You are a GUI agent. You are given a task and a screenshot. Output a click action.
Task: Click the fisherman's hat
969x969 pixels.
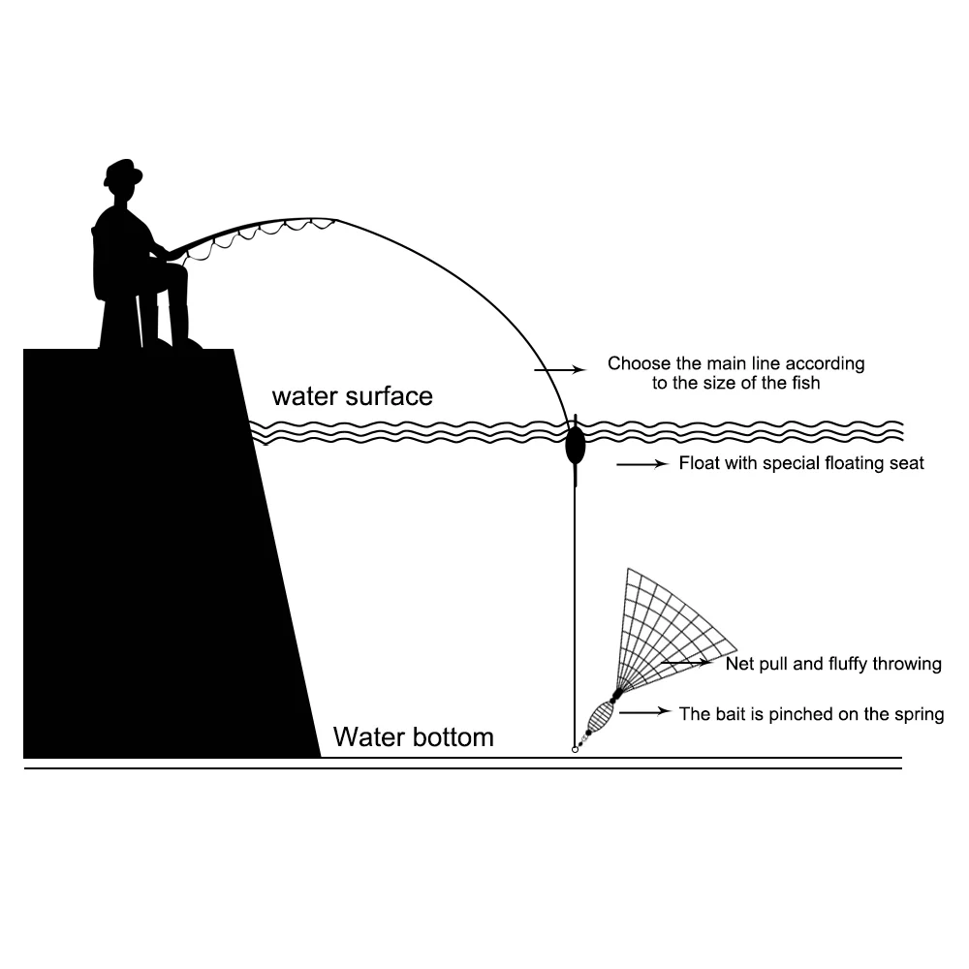pyautogui.click(x=123, y=172)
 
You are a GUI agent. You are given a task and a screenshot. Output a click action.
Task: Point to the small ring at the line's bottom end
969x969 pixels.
pyautogui.click(x=575, y=750)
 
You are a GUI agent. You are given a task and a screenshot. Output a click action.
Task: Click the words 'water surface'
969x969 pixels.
pyautogui.click(x=352, y=396)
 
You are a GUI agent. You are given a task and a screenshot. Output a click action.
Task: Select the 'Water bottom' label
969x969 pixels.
pyautogui.click(x=413, y=737)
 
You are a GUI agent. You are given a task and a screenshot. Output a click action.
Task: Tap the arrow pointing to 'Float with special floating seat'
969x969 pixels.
pyautogui.click(x=642, y=464)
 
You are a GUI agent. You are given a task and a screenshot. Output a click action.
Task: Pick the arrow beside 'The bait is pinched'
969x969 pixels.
pyautogui.click(x=645, y=712)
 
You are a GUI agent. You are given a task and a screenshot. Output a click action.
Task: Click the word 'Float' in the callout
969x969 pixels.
pyautogui.click(x=697, y=463)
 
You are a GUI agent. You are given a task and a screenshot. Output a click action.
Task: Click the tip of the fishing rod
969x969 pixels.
pyautogui.click(x=336, y=219)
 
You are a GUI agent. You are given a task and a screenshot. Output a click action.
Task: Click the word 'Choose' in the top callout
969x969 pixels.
pyautogui.click(x=636, y=364)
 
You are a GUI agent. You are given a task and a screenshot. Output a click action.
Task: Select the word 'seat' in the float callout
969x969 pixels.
pyautogui.click(x=907, y=463)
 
